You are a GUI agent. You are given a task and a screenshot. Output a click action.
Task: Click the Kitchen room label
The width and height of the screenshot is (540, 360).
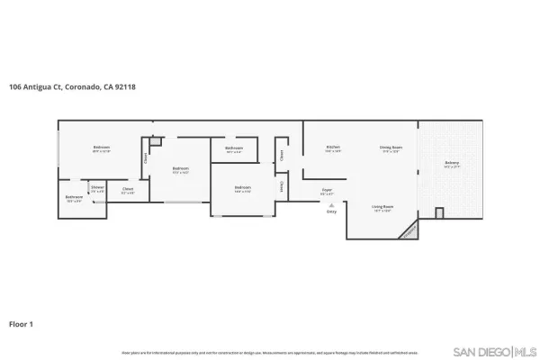point(333,148)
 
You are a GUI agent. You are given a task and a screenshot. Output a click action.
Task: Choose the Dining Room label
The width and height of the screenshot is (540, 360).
point(391,148)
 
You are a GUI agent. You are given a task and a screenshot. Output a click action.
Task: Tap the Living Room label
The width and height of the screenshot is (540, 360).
point(383,208)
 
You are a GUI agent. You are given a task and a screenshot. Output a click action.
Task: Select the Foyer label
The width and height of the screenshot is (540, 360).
point(328,190)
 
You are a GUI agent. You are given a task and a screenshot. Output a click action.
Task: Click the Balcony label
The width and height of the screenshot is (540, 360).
point(451,164)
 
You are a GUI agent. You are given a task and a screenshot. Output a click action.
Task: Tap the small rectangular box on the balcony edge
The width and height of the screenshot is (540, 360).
point(439,213)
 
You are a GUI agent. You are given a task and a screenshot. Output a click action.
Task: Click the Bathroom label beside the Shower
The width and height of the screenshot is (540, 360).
point(74,198)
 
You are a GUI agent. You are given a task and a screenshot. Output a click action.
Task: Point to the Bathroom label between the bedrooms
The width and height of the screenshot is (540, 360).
point(234,148)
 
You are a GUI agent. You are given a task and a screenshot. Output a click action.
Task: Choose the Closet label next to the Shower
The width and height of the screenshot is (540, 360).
point(128,190)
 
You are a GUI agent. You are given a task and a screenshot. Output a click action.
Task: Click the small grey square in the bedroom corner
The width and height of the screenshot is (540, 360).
point(155,141)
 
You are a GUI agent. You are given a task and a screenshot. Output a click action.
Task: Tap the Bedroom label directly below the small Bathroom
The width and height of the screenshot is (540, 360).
point(242,189)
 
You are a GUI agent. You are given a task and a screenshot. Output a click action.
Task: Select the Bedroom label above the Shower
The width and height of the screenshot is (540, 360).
point(101,148)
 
